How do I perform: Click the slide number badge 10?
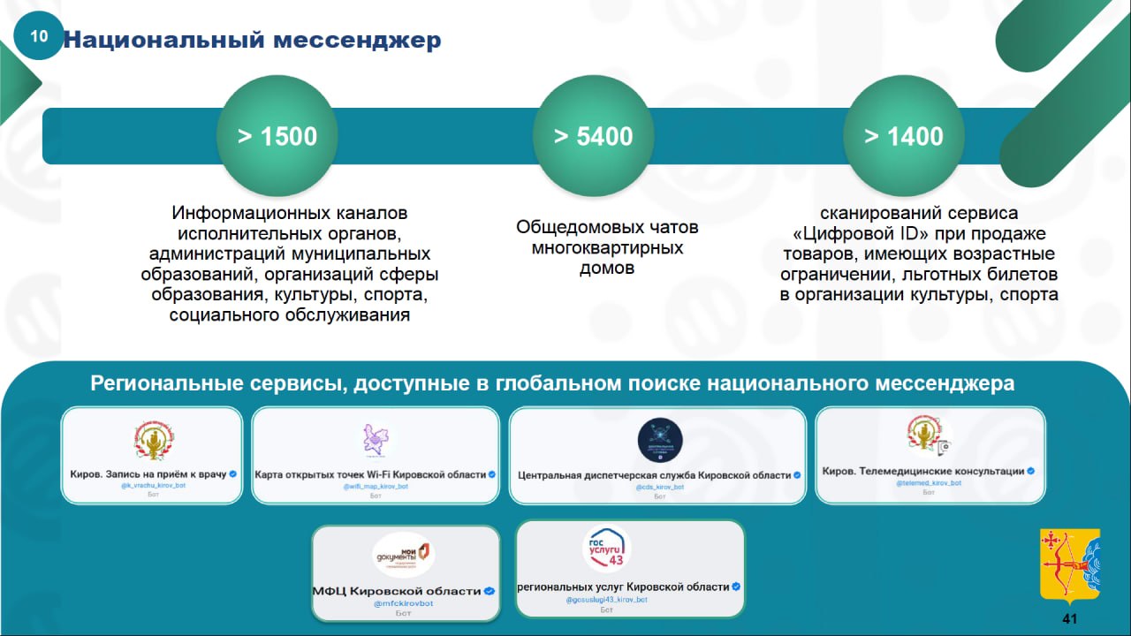(39, 36)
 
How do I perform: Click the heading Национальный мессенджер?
(252, 40)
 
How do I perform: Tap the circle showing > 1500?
(277, 136)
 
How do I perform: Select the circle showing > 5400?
(593, 136)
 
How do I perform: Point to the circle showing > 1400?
(903, 136)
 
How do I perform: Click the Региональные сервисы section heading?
(552, 384)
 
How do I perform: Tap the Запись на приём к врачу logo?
(153, 440)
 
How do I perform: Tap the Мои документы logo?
(404, 555)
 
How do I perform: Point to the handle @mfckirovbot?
(404, 603)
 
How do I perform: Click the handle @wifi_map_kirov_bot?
(376, 486)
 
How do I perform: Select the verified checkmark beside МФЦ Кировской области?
(490, 591)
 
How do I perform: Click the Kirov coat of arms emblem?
(1069, 565)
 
